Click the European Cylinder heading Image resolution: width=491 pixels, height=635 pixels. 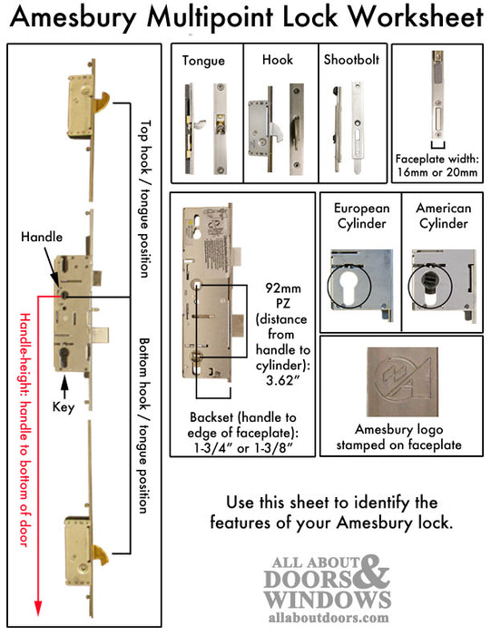pos(360,215)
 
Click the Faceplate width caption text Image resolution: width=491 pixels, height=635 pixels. pos(437,161)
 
